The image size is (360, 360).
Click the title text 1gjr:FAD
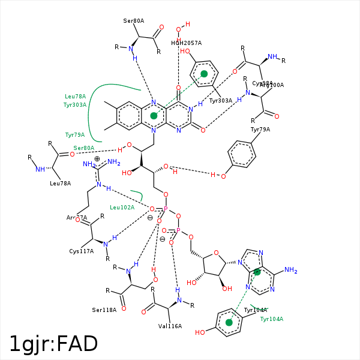click(x=53, y=344)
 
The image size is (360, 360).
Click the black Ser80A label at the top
click(x=134, y=21)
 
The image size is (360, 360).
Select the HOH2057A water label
click(x=186, y=43)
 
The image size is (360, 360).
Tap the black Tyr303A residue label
click(x=221, y=101)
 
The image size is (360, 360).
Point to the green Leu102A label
click(x=122, y=208)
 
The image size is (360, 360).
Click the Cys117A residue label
click(x=82, y=251)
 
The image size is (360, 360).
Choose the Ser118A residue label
click(x=104, y=310)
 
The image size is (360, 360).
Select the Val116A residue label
click(x=170, y=326)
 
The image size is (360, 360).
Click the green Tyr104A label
click(x=272, y=319)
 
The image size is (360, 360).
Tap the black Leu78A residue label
click(x=61, y=184)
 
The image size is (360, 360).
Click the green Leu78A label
click(x=76, y=97)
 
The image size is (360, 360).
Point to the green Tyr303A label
click(x=76, y=105)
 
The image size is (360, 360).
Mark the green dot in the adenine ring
click(x=257, y=272)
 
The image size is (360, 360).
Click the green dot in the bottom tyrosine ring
click(x=229, y=322)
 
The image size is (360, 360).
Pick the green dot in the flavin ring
click(x=154, y=115)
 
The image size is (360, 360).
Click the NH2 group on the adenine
click(x=290, y=271)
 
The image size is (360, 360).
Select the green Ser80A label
click(x=84, y=148)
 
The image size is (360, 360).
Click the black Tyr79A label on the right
click(x=260, y=130)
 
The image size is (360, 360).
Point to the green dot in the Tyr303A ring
click(x=204, y=74)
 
